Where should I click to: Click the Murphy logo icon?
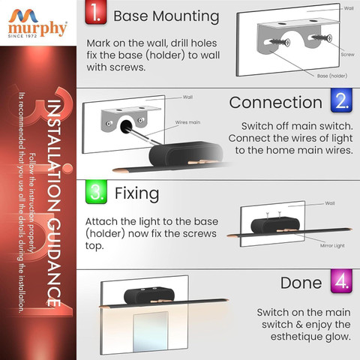[x=23, y=16]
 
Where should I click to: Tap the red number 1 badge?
[x=96, y=12]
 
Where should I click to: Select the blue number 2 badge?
[x=341, y=100]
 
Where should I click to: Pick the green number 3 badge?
[x=96, y=192]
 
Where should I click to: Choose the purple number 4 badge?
[x=341, y=281]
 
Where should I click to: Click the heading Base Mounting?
[x=166, y=16]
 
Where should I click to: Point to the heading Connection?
[x=276, y=103]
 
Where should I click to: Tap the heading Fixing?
[x=136, y=193]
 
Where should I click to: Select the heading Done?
[x=301, y=283]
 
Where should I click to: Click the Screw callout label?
[x=347, y=54]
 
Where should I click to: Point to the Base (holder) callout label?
[x=332, y=76]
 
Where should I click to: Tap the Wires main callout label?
[x=187, y=122]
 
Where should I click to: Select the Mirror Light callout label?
[x=332, y=246]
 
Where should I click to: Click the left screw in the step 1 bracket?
[x=280, y=42]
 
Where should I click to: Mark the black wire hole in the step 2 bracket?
[x=126, y=126]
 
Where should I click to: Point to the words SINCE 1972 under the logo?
[x=22, y=36]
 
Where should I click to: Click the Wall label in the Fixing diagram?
[x=330, y=203]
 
